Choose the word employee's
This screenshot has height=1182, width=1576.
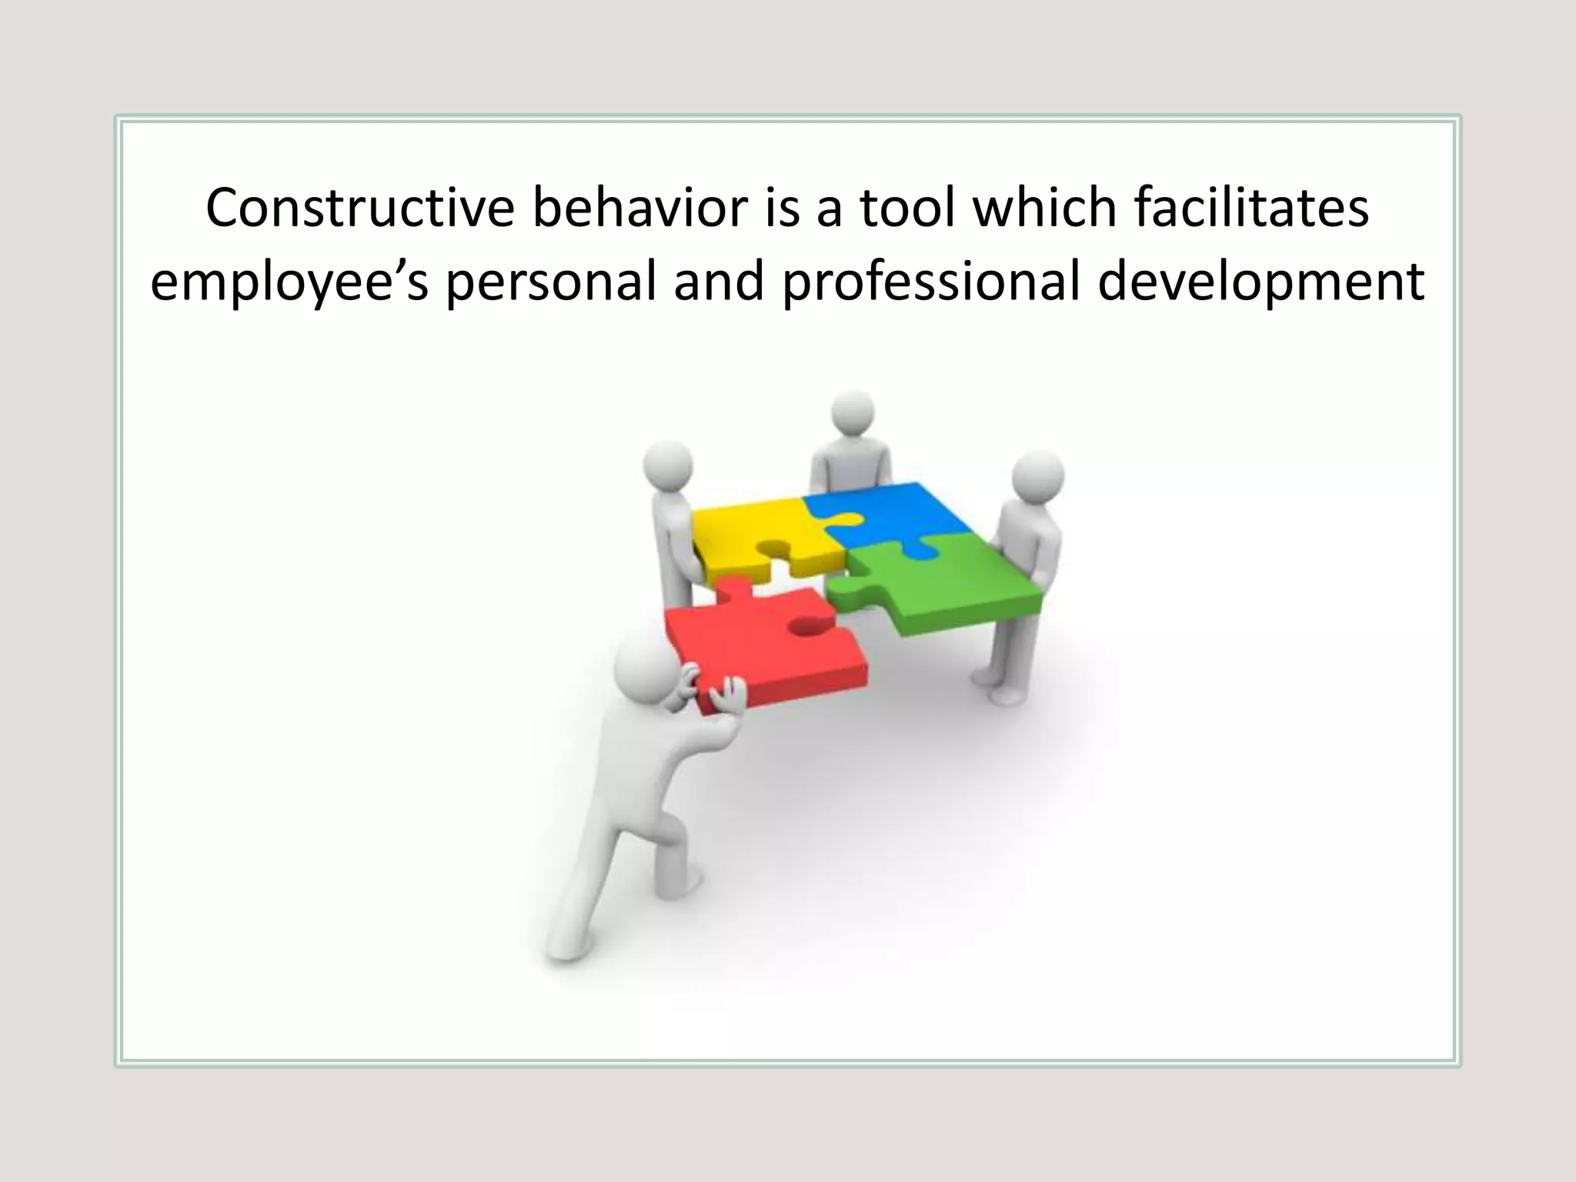click(289, 282)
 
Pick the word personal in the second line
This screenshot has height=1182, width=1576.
click(551, 282)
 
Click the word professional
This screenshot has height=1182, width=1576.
click(931, 282)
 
